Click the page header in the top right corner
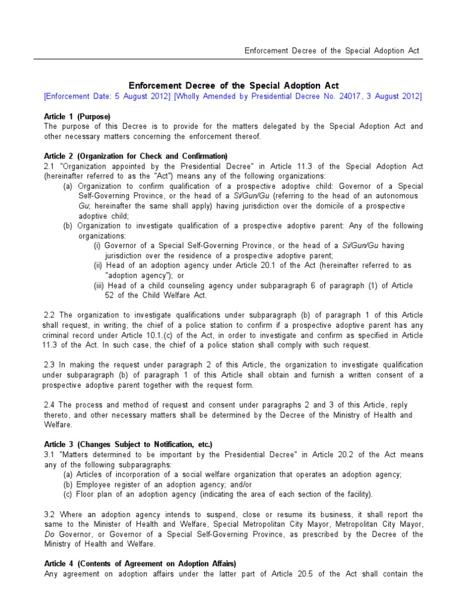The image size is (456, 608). [332, 50]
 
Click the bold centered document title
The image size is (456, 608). [234, 86]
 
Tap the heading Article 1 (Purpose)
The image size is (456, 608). [77, 116]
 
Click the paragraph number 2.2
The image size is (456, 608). [50, 315]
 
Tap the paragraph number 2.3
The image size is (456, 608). [50, 365]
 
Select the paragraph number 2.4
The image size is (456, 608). [50, 405]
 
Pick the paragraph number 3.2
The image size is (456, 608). [50, 514]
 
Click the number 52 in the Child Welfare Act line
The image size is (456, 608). [110, 296]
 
